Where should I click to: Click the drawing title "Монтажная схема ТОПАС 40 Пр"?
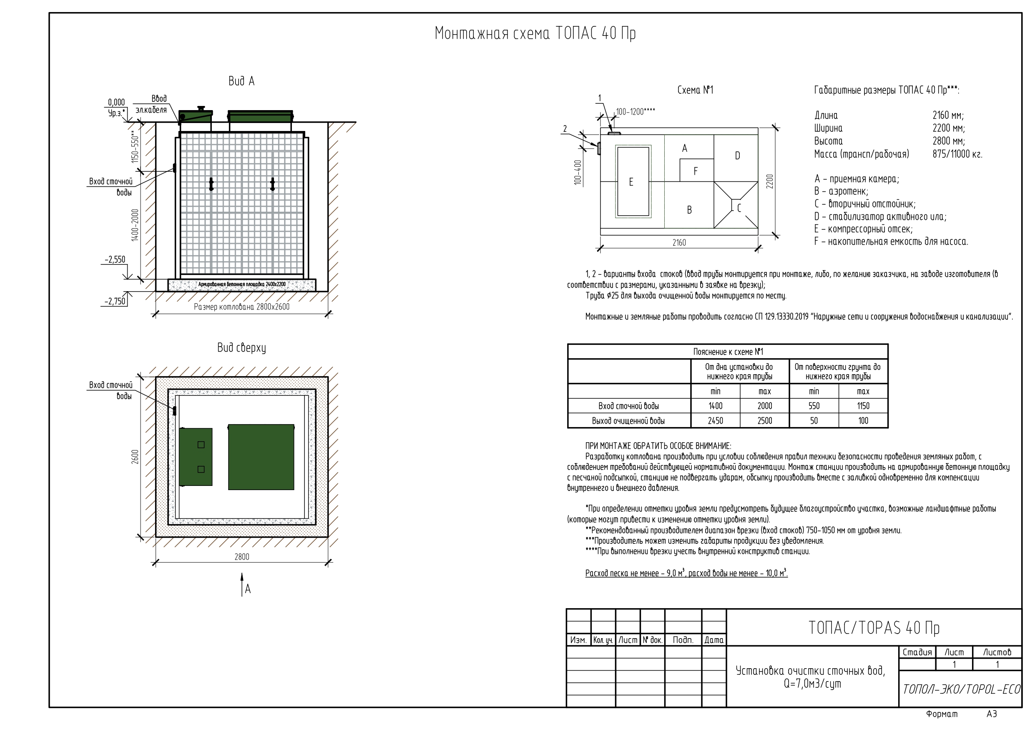535,34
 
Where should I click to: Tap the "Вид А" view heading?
241,81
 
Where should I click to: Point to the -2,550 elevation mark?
115,260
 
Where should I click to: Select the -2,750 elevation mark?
115,301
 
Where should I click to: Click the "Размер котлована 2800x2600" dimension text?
241,307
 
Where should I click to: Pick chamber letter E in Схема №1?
631,182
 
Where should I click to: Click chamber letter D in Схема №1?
738,156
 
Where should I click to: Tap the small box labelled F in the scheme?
696,171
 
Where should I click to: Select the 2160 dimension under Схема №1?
679,243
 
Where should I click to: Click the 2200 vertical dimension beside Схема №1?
770,181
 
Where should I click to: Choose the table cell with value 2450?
716,421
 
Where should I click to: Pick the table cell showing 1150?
863,406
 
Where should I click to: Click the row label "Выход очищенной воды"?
628,421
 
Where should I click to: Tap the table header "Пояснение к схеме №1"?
728,352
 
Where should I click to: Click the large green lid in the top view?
261,457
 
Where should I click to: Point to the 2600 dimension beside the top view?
135,457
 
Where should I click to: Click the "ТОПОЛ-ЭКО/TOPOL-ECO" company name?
962,689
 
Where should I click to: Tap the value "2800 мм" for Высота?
948,141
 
